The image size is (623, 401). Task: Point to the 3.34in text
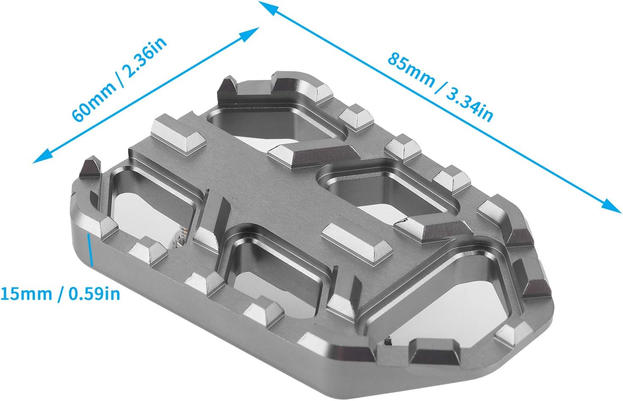click(470, 105)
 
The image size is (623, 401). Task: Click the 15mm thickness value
click(26, 294)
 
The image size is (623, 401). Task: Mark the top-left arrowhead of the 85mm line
click(268, 8)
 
